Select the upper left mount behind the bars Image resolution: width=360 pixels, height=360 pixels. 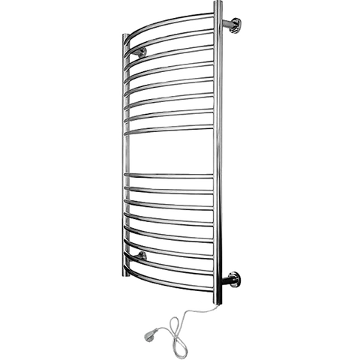pyautogui.click(x=139, y=54)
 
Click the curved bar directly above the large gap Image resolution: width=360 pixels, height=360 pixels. pyautogui.click(x=172, y=130)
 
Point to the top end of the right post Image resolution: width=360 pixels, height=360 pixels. pyautogui.click(x=218, y=4)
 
